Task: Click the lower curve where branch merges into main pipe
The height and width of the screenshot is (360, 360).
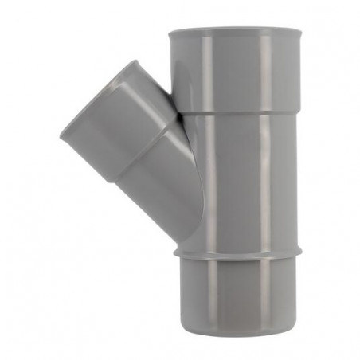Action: (x=191, y=231)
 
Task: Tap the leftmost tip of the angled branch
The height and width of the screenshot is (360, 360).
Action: (x=61, y=137)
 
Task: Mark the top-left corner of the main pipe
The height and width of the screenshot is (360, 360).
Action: (x=170, y=33)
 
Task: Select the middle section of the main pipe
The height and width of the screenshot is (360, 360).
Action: (x=239, y=183)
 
